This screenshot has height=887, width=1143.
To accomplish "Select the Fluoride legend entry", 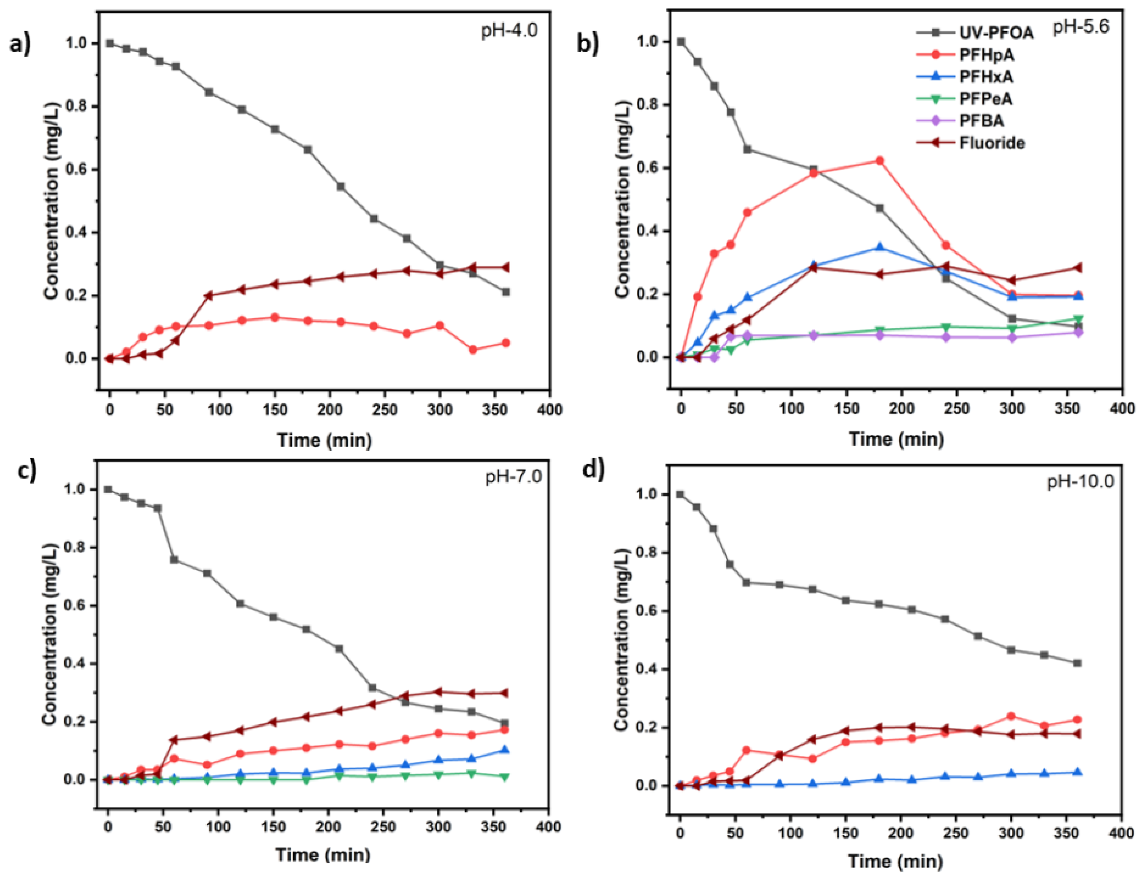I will [991, 143].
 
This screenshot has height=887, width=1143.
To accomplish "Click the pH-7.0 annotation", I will [513, 477].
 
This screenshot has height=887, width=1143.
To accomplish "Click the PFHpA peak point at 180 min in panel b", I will [880, 161].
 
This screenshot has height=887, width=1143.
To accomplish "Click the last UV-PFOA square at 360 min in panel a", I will [505, 292].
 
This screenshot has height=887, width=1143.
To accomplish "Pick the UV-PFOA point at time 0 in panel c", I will [108, 489].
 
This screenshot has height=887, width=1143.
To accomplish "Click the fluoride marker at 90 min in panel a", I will [209, 295].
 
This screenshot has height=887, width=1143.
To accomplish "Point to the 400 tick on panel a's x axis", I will [549, 410].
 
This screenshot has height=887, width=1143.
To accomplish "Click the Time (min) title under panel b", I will [896, 439].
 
